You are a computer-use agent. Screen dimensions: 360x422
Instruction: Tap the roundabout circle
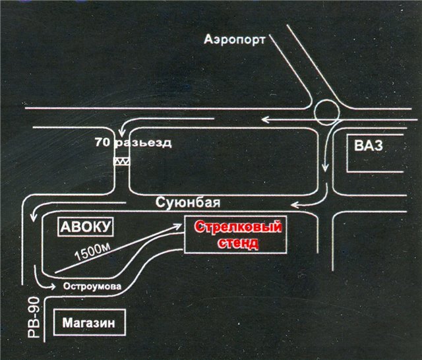(x=326, y=112)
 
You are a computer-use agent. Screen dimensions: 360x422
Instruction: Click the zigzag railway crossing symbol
(x=121, y=160)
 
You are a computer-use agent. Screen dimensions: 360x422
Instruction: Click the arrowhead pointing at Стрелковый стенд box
(x=180, y=225)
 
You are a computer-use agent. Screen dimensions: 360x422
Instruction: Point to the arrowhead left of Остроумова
(x=54, y=286)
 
